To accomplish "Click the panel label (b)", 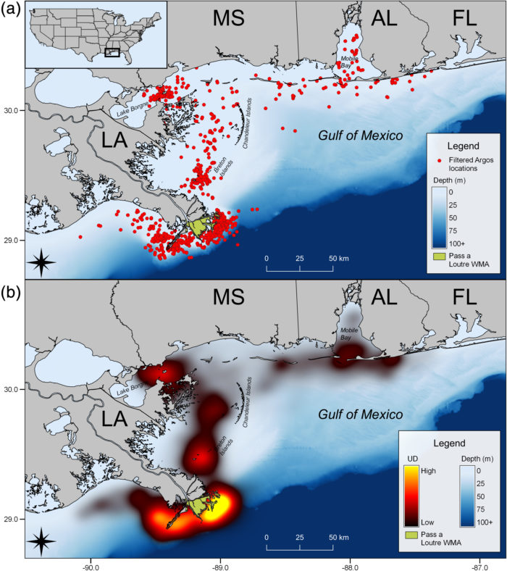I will click(x=11, y=290).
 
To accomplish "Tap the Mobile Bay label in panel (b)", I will click(x=351, y=333).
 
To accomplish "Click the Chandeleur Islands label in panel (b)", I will click(x=247, y=399).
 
